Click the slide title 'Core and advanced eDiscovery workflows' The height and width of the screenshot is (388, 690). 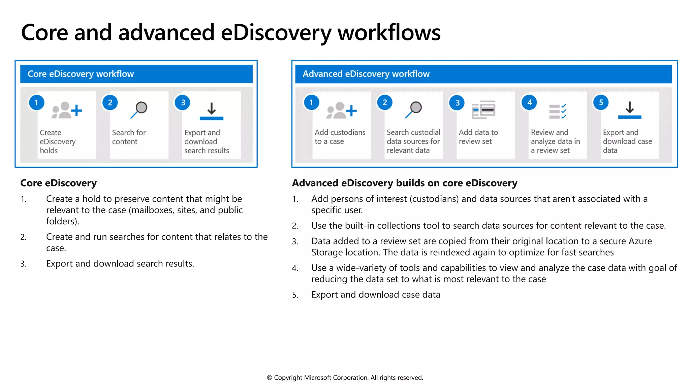pos(230,33)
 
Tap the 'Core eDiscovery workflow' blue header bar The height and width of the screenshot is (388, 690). pos(136,74)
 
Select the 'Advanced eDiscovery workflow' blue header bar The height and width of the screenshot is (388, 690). pos(483,74)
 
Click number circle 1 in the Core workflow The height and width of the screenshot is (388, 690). pos(36,103)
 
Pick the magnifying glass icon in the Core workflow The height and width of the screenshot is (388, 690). pos(139,109)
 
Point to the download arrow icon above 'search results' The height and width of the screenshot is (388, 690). pos(211,111)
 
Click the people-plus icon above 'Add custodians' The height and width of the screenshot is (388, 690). pos(341,110)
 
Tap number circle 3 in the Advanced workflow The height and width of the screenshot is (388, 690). pos(457,103)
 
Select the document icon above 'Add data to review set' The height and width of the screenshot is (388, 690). pos(483,110)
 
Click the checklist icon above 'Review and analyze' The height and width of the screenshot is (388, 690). pos(558,111)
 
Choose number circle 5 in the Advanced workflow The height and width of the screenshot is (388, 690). pos(601,103)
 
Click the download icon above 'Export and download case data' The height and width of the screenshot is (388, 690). pos(629,110)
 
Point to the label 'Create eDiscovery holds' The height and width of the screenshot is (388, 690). pos(57,141)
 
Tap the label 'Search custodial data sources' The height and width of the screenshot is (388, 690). pos(413,141)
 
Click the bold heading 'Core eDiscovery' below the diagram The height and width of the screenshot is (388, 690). pos(58,183)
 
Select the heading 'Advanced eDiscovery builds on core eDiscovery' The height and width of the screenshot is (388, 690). pos(404,183)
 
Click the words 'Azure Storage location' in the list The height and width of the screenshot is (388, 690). pos(337,252)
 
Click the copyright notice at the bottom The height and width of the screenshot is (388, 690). pos(345,378)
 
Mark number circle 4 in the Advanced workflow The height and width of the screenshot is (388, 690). pos(529,103)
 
